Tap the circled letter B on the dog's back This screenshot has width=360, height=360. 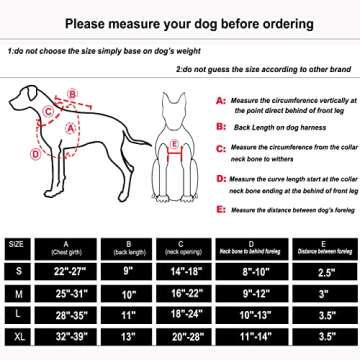point(69,97)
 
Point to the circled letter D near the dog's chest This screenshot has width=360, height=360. point(36,155)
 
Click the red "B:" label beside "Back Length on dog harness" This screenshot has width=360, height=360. point(220,128)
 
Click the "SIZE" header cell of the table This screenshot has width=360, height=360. point(16,243)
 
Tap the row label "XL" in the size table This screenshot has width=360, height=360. point(16,338)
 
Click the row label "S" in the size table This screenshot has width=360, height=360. point(16,270)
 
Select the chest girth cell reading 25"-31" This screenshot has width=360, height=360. point(66,293)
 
